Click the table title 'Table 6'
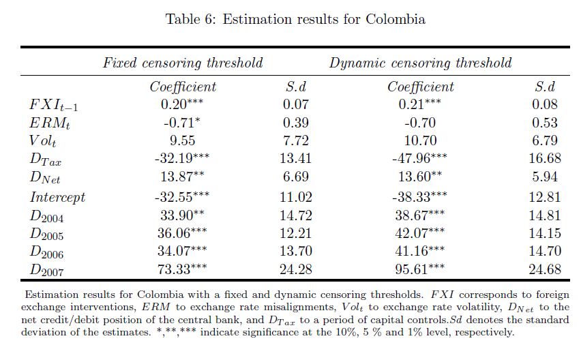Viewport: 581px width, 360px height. tap(189, 19)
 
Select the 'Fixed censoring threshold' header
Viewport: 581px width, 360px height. tap(183, 63)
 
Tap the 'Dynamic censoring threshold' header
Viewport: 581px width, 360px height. tap(421, 63)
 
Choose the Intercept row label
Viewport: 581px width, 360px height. tap(57, 197)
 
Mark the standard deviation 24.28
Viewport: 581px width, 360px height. tap(296, 269)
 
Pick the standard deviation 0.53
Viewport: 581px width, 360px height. tap(544, 123)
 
